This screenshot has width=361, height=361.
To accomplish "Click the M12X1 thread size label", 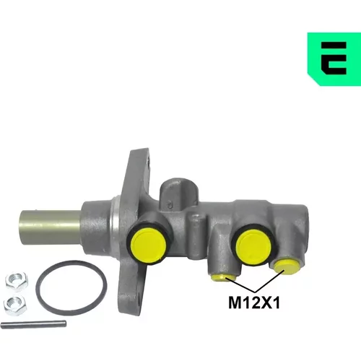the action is click(x=254, y=303).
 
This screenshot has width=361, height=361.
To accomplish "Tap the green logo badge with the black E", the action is click(x=334, y=59).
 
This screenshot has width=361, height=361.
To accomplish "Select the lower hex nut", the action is click(x=15, y=304).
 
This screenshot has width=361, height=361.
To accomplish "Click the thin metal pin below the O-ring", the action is click(x=33, y=324).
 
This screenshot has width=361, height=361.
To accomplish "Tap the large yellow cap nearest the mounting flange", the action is click(x=149, y=245).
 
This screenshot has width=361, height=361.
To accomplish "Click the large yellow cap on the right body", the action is click(x=254, y=247).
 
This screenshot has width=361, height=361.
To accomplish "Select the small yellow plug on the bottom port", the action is click(x=222, y=278).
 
